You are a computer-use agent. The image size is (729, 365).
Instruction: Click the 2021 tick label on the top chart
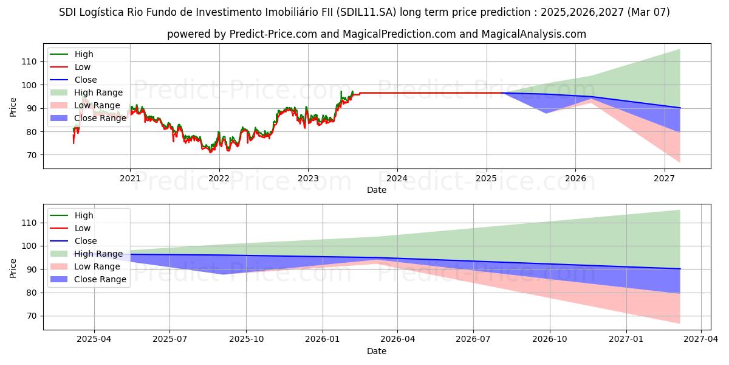coord(129,178)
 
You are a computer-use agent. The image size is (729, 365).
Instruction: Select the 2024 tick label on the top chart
coord(397,178)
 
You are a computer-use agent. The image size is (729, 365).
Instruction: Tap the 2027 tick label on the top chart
coord(664,178)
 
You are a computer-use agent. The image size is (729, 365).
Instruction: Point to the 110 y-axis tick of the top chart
coord(30,61)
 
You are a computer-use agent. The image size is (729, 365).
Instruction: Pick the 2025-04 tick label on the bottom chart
coord(94,339)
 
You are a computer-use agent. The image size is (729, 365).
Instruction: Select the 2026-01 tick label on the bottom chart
coord(322,339)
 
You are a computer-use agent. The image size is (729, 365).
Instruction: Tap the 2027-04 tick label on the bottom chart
coord(701,339)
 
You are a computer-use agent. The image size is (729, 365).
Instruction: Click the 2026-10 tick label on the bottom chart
coord(550,339)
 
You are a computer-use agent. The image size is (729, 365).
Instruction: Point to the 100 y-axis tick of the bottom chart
coord(30,246)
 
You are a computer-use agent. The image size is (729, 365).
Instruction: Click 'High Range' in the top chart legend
coord(98,92)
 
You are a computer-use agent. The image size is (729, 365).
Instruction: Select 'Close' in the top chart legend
coord(86,80)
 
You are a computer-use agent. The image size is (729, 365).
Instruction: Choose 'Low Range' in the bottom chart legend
coord(97,266)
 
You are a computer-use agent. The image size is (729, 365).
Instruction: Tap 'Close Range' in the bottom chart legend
coord(100,279)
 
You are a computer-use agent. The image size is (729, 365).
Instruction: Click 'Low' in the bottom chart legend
coord(83,228)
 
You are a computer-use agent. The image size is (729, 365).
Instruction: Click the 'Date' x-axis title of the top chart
coord(377,190)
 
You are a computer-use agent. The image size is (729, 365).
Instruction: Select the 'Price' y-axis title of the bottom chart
coord(13,267)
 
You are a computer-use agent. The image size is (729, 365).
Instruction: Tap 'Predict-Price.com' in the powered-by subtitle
coord(273,34)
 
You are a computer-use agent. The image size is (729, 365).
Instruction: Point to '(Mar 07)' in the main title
coord(649,12)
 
